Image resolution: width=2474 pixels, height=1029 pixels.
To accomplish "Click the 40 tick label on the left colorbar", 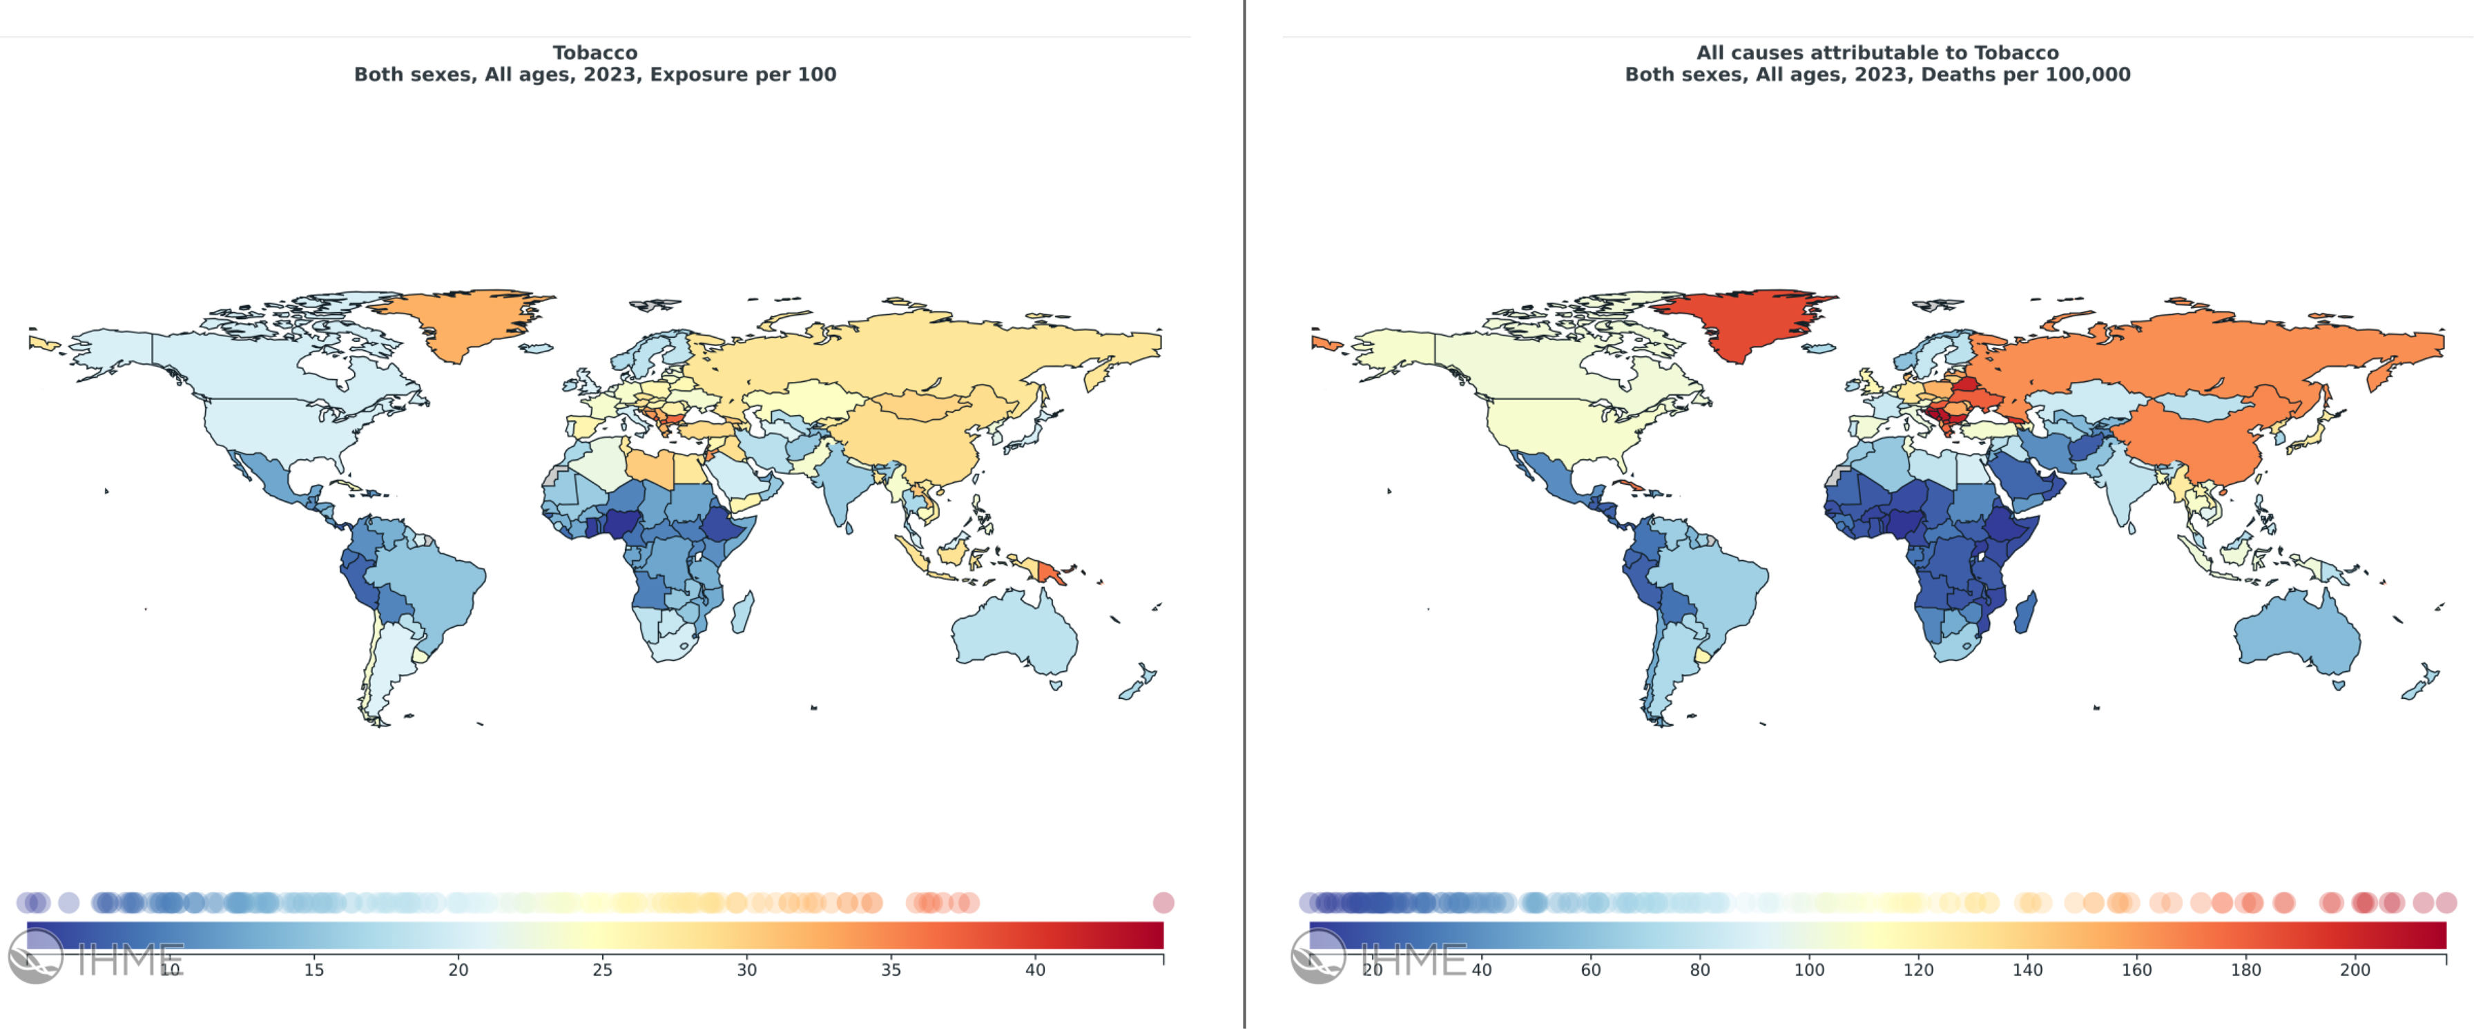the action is coord(1034,970).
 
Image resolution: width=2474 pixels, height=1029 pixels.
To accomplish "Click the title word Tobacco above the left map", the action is coord(595,53).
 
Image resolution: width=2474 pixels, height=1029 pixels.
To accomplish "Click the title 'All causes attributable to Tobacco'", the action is coord(1877,53).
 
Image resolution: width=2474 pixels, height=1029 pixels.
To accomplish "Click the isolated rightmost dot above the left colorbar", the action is coord(1163,902).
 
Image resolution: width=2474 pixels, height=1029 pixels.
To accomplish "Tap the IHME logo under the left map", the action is coord(96,957).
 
